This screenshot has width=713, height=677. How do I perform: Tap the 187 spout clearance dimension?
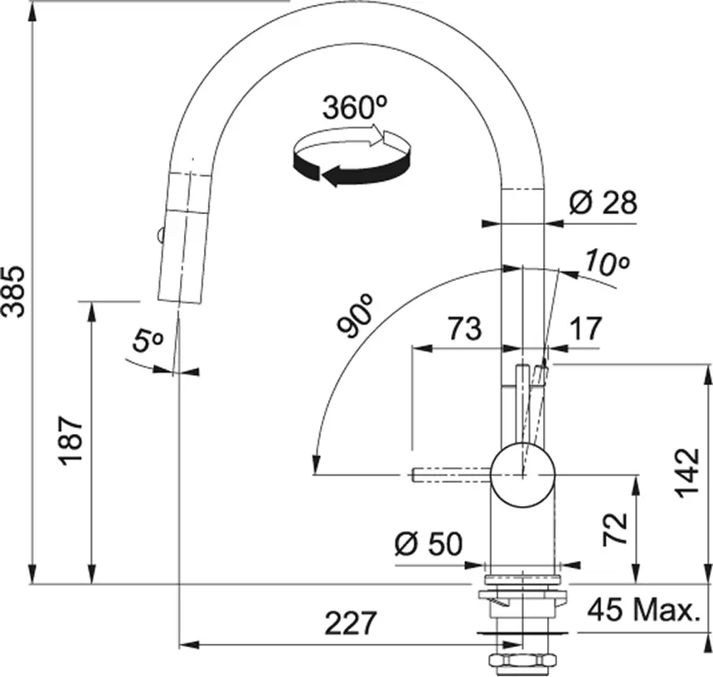(71, 441)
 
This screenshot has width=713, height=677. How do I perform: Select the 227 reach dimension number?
(351, 623)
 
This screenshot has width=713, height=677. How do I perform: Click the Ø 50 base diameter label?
(429, 543)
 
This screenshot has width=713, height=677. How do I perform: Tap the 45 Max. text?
(643, 610)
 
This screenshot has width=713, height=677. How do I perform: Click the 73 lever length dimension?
(464, 329)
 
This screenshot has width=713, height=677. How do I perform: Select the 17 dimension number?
(585, 329)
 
